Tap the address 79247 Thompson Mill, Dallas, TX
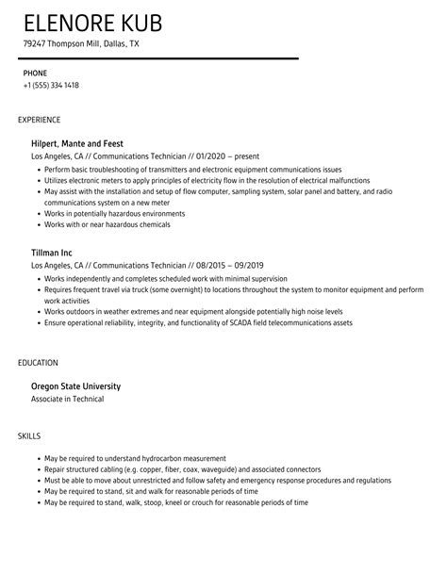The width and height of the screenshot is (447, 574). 94,44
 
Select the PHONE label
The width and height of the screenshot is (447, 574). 35,73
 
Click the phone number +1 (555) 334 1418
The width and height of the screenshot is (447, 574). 51,85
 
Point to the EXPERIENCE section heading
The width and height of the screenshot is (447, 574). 40,120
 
